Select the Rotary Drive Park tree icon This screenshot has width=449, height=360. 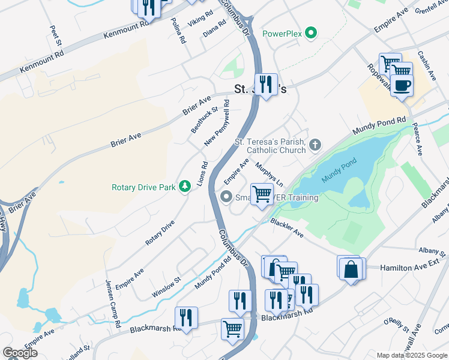coord(185,187)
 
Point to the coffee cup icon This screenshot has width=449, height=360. coord(402,85)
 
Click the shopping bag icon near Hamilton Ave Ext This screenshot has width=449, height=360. coord(351,269)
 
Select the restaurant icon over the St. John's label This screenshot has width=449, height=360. coord(265,84)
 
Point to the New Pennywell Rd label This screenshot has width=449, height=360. coord(217,123)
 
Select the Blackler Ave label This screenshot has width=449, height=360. coord(286,227)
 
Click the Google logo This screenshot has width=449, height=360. coord(20,353)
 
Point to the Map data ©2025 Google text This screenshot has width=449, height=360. coord(412,355)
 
